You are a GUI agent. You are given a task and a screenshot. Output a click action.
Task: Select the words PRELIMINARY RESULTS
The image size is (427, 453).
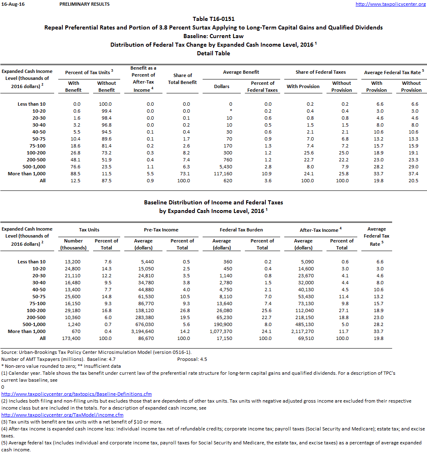[84, 4]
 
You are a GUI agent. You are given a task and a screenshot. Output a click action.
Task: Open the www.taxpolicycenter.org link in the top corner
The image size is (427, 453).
[390, 4]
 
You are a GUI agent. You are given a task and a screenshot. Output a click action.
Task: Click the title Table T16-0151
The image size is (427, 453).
[213, 19]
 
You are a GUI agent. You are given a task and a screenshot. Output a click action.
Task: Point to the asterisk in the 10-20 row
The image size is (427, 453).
[231, 111]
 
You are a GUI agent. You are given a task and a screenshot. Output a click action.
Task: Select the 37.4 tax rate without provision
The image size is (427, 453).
[411, 174]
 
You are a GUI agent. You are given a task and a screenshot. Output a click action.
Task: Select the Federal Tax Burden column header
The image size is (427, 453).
[241, 230]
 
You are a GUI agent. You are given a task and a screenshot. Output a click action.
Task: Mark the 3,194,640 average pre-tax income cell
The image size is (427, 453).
[143, 331]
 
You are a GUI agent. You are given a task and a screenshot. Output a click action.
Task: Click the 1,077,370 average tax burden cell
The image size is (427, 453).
[221, 331]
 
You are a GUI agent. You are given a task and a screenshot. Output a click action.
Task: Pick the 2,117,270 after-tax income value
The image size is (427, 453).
[303, 331]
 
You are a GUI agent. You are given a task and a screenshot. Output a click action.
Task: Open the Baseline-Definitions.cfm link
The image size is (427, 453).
[77, 394]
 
